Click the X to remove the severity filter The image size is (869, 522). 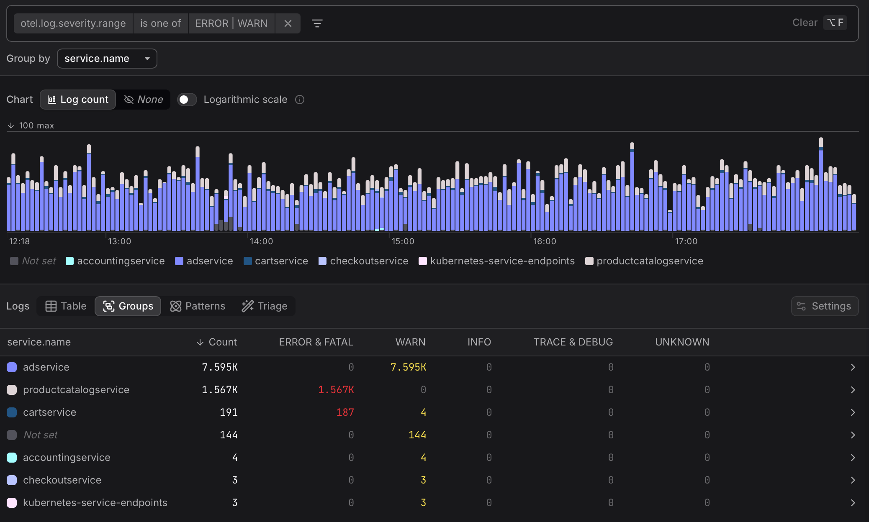coord(288,23)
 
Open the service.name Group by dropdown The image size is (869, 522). coord(107,59)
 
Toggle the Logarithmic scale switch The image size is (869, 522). coord(187,100)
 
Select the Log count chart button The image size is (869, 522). coord(78,100)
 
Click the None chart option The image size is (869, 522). coord(144,100)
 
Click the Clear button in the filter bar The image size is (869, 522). coord(805,23)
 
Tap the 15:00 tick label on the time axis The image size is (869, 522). coord(403,241)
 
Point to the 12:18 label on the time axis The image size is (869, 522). coord(19,241)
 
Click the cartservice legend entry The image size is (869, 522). coord(276,261)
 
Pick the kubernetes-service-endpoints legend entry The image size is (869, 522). coord(497,261)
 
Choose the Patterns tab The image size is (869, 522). coord(198,306)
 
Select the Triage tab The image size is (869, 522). coord(265,306)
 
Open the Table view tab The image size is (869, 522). coord(66,306)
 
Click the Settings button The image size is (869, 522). coord(824,306)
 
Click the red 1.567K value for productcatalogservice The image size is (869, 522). coord(336,390)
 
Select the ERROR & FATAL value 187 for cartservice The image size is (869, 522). coord(345,412)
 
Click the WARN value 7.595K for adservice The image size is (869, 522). coord(408,367)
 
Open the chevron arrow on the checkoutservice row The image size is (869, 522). coord(853,480)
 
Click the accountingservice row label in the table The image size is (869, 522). coord(67,458)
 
